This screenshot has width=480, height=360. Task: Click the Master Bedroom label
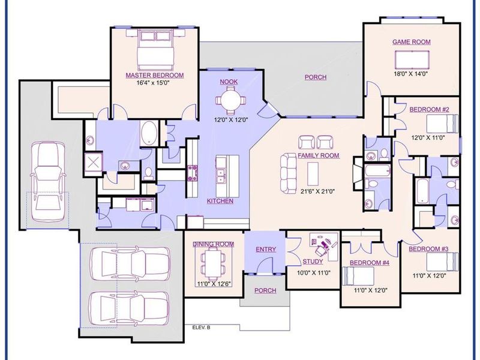click(154, 76)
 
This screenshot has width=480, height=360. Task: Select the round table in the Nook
click(230, 100)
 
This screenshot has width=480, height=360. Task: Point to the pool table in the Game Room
click(412, 60)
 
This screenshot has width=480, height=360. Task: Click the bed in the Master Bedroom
click(154, 50)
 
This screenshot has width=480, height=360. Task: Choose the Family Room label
click(319, 155)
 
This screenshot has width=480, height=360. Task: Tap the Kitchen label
click(220, 201)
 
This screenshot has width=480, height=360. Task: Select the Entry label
click(265, 249)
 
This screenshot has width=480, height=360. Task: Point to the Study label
click(312, 262)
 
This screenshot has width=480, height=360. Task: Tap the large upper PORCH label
click(316, 77)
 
